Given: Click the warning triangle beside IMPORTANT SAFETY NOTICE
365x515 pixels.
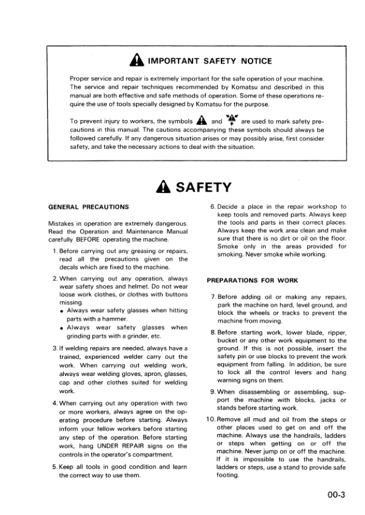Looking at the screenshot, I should pyautogui.click(x=137, y=61).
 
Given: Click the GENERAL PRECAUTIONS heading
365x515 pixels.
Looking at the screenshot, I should pyautogui.click(x=88, y=207).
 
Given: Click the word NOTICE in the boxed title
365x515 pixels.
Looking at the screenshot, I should pyautogui.click(x=250, y=61).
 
